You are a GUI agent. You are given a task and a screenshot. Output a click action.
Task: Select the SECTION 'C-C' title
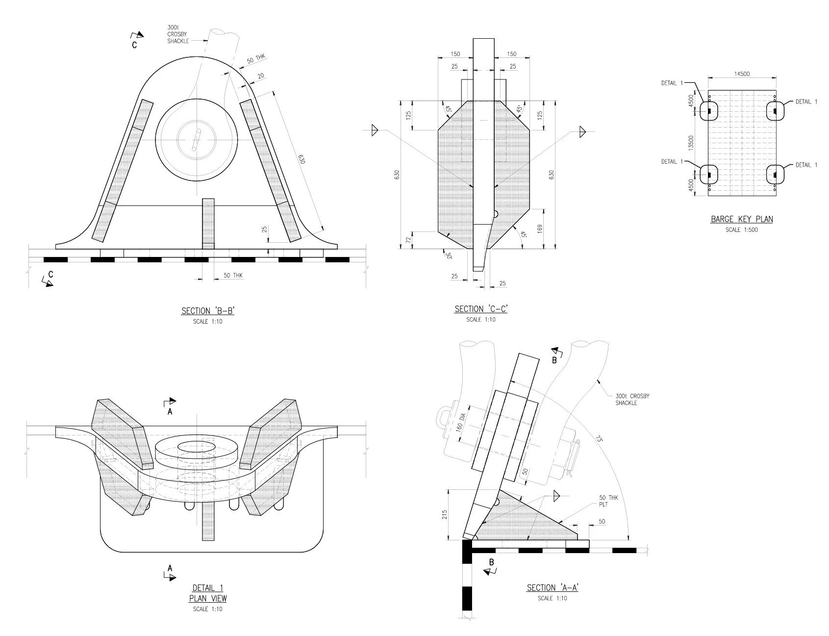coord(480,309)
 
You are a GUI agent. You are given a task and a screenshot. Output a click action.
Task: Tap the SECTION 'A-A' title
coord(553,587)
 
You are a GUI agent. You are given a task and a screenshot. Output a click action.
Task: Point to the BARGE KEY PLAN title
coord(742,219)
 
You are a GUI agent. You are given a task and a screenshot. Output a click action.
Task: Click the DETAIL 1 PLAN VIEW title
coord(208,593)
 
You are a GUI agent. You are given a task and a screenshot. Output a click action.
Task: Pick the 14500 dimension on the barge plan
coord(742,74)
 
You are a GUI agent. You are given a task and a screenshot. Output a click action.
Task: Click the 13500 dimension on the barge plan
coord(691,143)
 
